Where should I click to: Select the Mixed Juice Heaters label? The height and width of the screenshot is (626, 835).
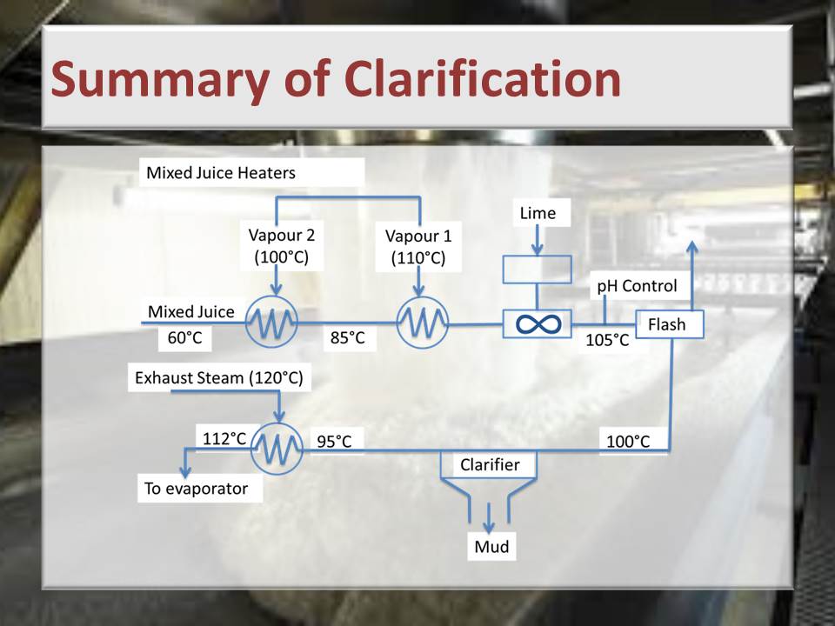[x=220, y=173]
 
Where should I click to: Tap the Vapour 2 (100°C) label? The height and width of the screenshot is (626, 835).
[x=282, y=246]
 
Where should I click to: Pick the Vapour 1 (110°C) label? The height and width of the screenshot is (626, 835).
[x=418, y=246]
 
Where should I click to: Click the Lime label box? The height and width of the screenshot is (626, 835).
[x=538, y=213]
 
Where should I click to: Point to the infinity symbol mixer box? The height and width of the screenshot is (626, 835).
[x=538, y=323]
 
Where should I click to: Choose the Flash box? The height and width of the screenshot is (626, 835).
[x=670, y=324]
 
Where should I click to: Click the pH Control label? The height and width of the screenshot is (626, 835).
[x=637, y=286]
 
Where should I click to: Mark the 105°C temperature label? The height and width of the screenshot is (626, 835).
[x=607, y=340]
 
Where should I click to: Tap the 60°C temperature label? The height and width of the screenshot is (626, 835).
[x=184, y=337]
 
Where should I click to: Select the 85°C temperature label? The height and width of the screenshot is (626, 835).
[x=348, y=337]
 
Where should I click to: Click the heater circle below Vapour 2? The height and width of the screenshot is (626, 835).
[x=271, y=322]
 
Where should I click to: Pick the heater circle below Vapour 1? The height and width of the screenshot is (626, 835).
[x=423, y=323]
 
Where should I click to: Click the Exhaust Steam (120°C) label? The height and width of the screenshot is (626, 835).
[x=219, y=378]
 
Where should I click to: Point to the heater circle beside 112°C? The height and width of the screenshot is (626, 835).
[x=277, y=449]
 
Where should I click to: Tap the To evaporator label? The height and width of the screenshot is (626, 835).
[x=196, y=489]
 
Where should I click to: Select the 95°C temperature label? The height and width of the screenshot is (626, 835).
[x=334, y=442]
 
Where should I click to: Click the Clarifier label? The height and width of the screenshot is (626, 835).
[x=490, y=464]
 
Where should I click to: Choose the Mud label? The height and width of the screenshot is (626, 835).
[x=491, y=546]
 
